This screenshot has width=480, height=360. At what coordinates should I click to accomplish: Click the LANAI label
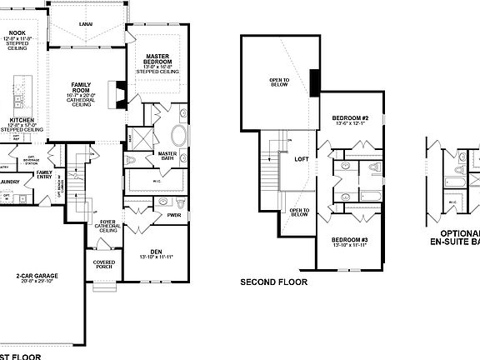86,25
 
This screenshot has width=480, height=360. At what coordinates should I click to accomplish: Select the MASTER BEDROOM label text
157,57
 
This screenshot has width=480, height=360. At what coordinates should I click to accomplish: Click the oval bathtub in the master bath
179,136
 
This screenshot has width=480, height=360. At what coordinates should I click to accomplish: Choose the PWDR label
174,214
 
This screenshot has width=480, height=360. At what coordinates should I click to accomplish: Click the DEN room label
156,252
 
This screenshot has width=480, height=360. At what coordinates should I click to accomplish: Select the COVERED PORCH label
104,265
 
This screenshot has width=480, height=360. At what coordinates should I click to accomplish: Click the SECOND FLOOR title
274,282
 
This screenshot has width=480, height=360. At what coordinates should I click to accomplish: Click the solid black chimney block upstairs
316,82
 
